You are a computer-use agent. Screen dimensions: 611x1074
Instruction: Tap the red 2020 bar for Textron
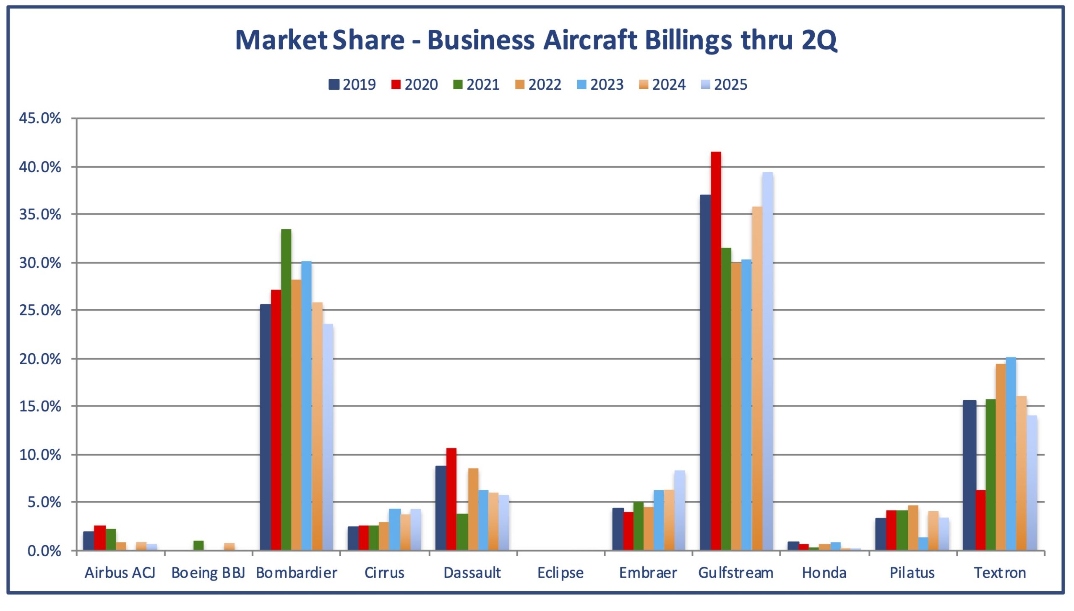(x=980, y=520)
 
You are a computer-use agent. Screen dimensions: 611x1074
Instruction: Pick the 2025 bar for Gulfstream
(x=767, y=361)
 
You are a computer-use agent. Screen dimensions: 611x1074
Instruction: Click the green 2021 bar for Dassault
(x=462, y=532)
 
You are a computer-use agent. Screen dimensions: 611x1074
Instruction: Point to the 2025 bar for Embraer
(x=680, y=510)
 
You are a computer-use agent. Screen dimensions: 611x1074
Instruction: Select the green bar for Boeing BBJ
(x=199, y=545)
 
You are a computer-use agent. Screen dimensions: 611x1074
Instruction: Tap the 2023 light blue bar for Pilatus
(x=923, y=544)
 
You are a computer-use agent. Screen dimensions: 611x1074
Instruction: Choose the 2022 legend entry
(x=538, y=85)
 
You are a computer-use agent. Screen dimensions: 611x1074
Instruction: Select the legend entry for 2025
(x=724, y=85)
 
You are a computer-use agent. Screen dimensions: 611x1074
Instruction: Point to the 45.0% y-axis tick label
(x=40, y=118)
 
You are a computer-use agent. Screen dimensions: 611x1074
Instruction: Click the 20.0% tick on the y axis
(x=40, y=359)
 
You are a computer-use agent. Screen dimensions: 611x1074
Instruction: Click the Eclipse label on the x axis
(x=560, y=573)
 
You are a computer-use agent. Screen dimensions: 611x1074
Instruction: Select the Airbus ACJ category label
(x=120, y=573)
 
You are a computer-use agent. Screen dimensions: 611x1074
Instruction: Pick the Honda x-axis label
(x=824, y=573)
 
